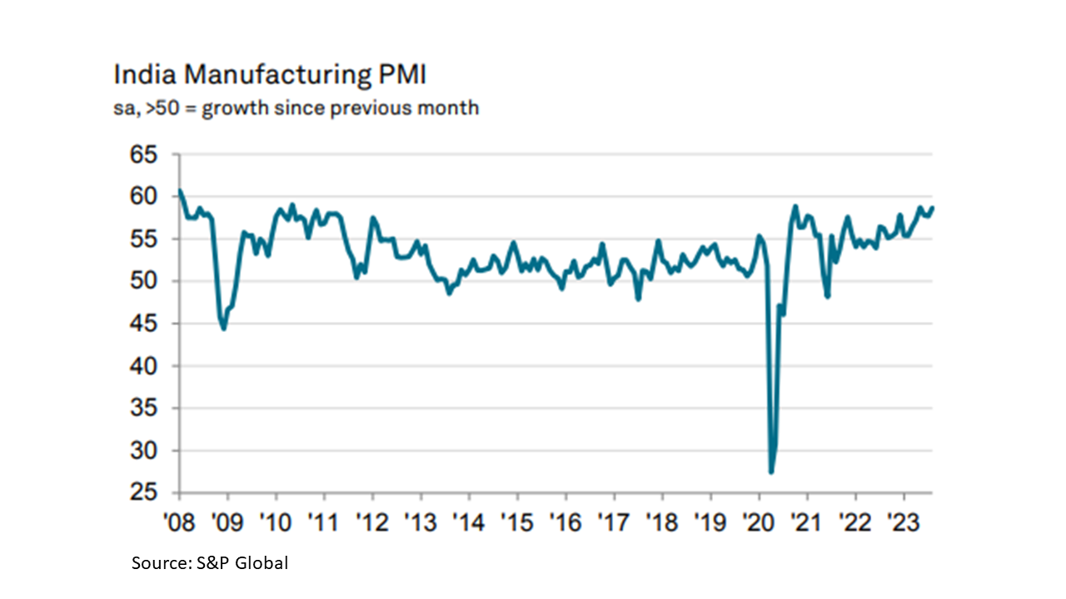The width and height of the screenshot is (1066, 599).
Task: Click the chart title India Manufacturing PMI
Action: [x=270, y=76]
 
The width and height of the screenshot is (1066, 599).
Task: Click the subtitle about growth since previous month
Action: [x=296, y=108]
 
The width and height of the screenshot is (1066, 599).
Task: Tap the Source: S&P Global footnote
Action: [x=210, y=563]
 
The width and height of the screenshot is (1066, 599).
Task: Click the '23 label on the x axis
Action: [x=904, y=517]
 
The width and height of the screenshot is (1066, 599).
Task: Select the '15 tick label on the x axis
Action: [x=517, y=517]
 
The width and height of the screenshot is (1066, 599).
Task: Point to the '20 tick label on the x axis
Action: [x=759, y=517]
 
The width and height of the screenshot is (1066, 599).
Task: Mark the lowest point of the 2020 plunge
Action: [x=771, y=472]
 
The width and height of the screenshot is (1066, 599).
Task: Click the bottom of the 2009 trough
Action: [x=224, y=329]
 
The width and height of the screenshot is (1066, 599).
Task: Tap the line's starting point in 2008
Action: [x=180, y=191]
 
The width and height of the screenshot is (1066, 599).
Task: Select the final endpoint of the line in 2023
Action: [x=933, y=207]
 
